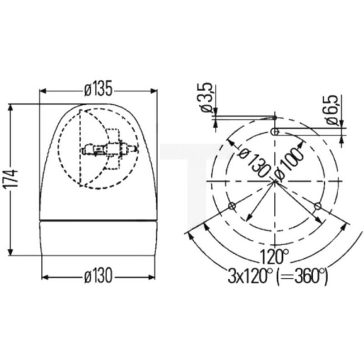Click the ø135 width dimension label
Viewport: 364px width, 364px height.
point(98,88)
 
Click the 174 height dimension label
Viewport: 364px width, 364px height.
point(15,179)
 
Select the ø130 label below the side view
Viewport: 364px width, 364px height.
point(98,276)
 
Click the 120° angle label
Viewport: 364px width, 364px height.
point(274,258)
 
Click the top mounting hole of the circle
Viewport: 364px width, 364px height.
point(275,132)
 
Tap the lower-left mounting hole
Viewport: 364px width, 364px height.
point(232,207)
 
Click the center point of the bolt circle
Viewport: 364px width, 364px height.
point(275,183)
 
